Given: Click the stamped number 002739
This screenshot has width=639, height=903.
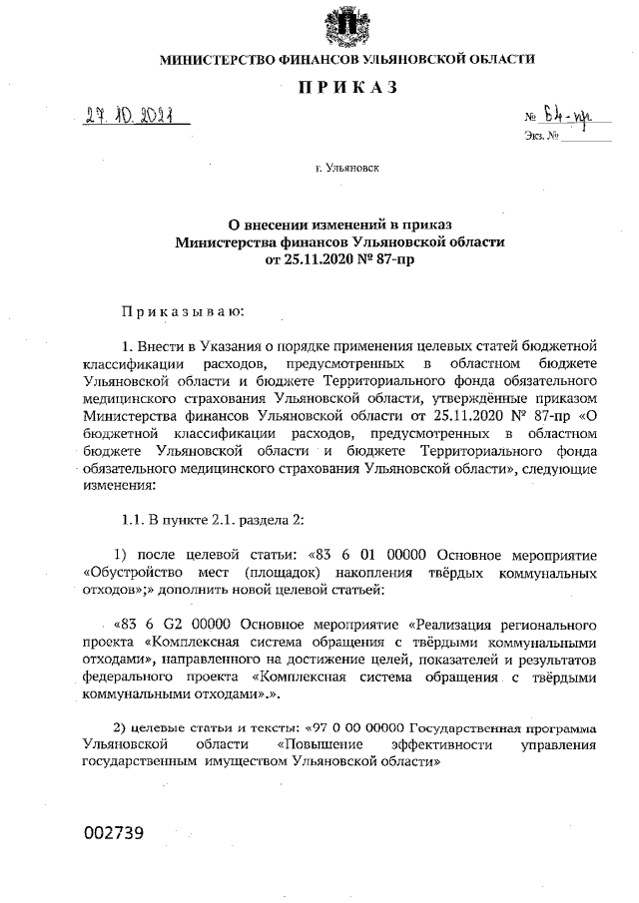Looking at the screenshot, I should pyautogui.click(x=116, y=833).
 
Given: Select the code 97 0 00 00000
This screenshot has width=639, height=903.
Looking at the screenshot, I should pyautogui.click(x=365, y=724).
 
